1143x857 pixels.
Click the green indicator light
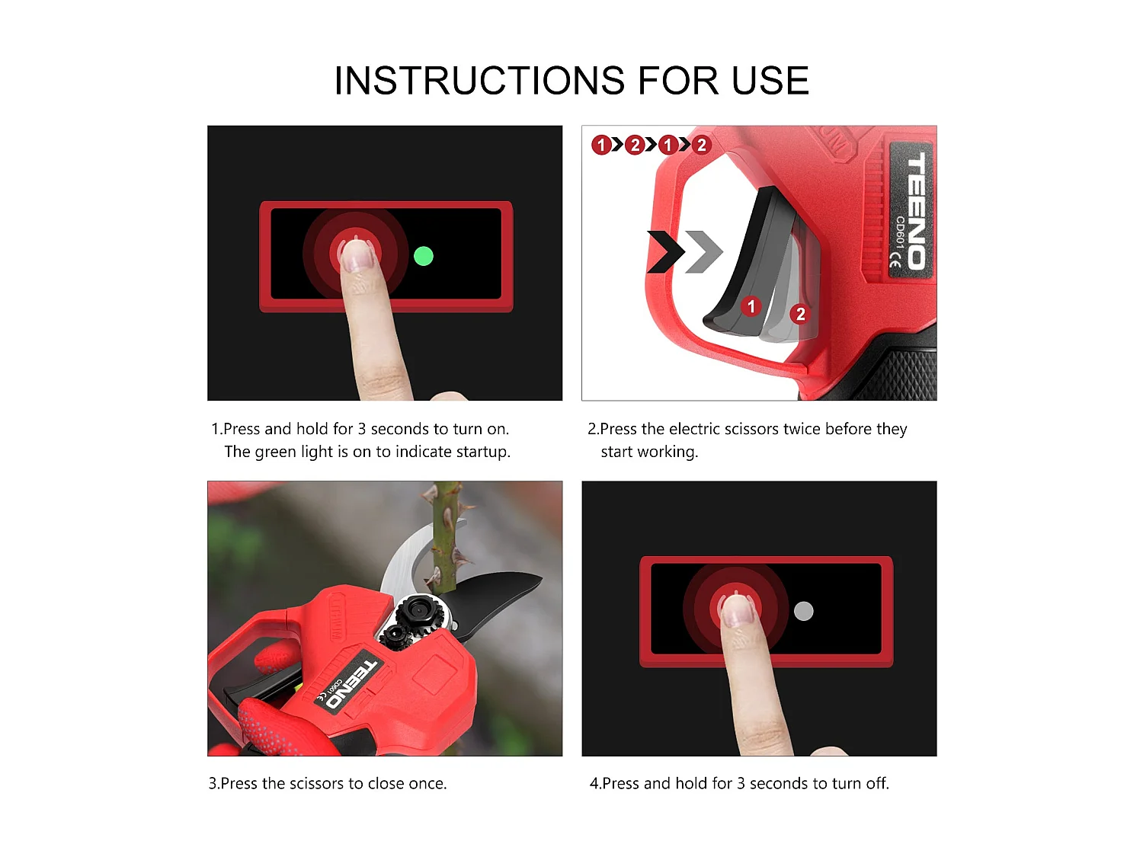tap(423, 256)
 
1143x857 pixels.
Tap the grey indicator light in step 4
tap(803, 611)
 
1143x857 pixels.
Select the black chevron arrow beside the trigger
tap(664, 251)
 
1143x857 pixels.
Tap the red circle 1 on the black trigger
tap(751, 306)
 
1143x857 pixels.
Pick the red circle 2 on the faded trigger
tap(799, 314)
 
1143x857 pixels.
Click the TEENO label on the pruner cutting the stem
tap(352, 683)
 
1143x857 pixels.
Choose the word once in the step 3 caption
tap(425, 783)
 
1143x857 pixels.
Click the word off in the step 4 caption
tap(877, 783)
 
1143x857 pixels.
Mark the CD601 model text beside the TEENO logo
tap(900, 232)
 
